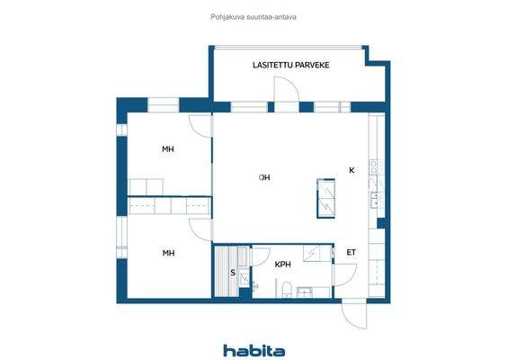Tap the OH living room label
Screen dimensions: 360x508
[264, 177]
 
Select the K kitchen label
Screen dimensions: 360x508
[352, 170]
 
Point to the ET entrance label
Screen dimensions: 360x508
[351, 253]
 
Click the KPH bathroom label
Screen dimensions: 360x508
[283, 265]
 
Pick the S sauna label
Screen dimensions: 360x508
[233, 271]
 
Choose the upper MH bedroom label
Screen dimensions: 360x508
[168, 149]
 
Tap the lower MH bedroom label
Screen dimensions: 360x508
[168, 253]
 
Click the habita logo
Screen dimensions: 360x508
[254, 350]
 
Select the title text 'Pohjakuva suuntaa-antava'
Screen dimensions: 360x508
[253, 14]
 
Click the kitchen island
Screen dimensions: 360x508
[326, 198]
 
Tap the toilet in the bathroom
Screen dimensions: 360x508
[284, 288]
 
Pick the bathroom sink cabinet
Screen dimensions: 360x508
[306, 291]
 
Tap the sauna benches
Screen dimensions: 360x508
[222, 270]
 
